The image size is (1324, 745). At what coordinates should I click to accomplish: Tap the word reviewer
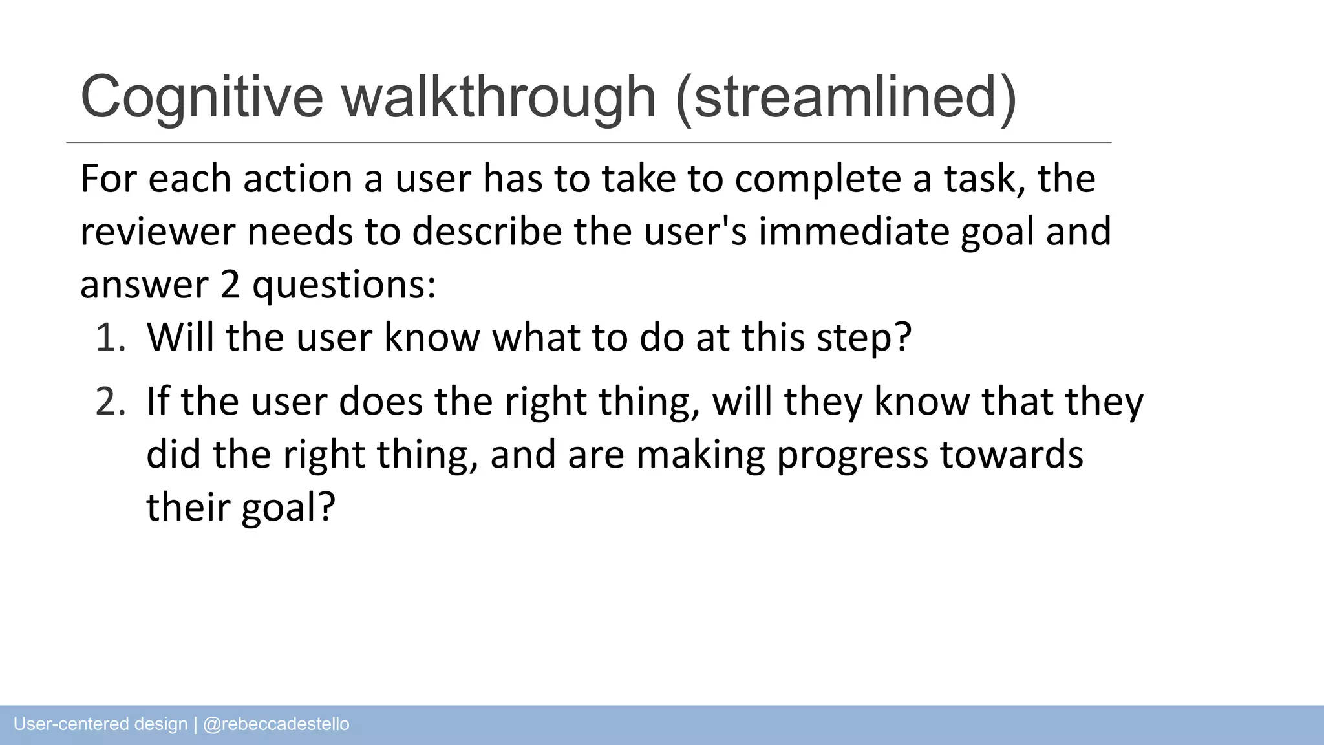click(157, 233)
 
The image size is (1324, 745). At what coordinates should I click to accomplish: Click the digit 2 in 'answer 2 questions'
click(230, 285)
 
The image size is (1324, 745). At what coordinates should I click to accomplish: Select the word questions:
click(344, 286)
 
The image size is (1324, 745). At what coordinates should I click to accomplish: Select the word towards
click(1011, 455)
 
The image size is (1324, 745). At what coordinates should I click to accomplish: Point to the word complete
click(817, 180)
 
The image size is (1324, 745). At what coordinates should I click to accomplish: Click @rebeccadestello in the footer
click(276, 724)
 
